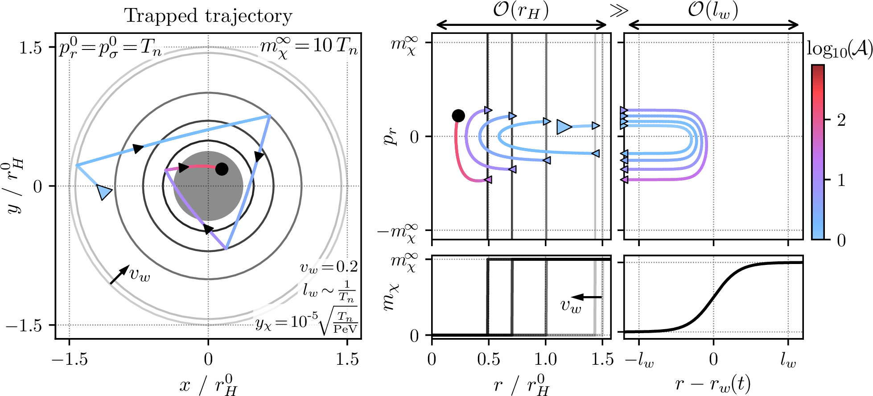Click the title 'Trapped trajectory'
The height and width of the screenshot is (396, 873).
coord(208,16)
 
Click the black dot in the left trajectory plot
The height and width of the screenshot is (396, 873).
coord(222,169)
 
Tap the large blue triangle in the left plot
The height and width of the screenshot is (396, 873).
coord(104,192)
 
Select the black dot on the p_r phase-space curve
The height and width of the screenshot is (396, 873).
coord(458,116)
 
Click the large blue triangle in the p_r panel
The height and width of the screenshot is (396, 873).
coord(564,127)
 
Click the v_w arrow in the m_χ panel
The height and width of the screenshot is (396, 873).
coord(586,297)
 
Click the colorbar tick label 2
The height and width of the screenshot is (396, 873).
coord(841,120)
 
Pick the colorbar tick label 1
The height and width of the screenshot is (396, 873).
coord(841,180)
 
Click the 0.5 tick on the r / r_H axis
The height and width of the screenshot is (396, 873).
coord(489,359)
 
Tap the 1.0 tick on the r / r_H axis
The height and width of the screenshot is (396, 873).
coord(546,359)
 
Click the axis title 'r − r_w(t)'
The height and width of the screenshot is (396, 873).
coord(713,383)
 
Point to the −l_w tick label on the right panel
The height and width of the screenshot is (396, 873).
coord(640,360)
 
